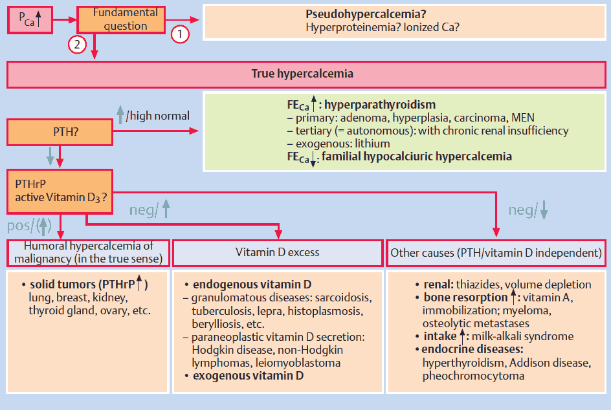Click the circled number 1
coord(180,34)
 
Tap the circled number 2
coord(78,44)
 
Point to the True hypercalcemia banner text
coord(302,74)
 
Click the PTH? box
coord(59,131)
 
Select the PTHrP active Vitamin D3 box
coord(60,191)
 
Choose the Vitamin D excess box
coord(277,252)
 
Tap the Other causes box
coord(496,252)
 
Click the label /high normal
coord(158,116)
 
